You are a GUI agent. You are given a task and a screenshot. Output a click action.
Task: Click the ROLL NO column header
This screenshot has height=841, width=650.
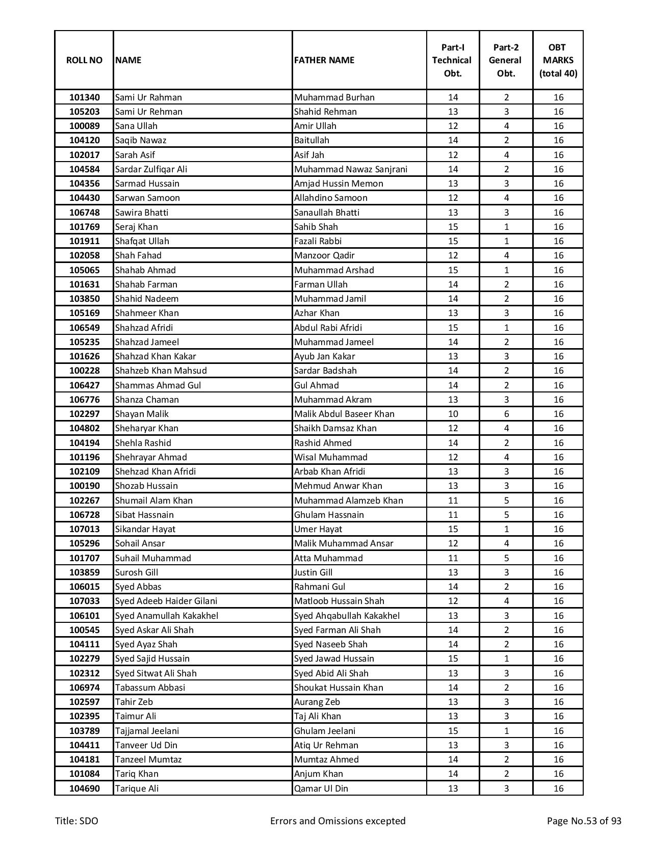point(84,60)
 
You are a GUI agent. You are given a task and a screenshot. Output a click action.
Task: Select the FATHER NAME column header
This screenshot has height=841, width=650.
point(324,60)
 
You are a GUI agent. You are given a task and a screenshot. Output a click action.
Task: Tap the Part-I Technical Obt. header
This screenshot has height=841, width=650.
point(453,60)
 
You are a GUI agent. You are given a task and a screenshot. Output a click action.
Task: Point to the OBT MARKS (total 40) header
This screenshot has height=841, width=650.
point(558,60)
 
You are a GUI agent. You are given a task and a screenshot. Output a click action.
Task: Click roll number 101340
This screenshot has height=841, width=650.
point(85,97)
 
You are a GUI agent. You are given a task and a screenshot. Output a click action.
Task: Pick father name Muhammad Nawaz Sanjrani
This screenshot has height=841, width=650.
point(351,169)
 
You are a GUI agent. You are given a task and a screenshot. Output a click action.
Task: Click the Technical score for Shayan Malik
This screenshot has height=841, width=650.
point(453,414)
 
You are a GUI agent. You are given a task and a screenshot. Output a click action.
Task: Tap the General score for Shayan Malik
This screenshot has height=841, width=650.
point(506,414)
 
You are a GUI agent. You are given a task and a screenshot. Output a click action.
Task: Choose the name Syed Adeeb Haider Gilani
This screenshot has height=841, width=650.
point(166,601)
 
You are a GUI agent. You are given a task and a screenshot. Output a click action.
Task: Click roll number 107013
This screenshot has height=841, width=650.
point(85,529)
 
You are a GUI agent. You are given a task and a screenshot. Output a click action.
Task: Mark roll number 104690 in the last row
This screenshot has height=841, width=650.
point(85,789)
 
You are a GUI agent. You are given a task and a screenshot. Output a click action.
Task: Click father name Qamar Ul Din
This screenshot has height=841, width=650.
point(321,789)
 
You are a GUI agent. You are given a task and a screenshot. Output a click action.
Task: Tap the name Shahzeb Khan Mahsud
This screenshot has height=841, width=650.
point(161,371)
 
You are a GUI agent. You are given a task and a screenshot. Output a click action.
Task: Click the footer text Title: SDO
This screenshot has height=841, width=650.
point(77,821)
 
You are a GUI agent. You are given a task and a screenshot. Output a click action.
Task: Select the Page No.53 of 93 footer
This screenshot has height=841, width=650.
point(584,821)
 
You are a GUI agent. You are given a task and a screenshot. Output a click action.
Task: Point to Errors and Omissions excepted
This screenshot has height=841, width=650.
point(337,821)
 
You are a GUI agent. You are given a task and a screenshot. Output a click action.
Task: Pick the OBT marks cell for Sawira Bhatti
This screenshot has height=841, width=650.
point(558,213)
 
